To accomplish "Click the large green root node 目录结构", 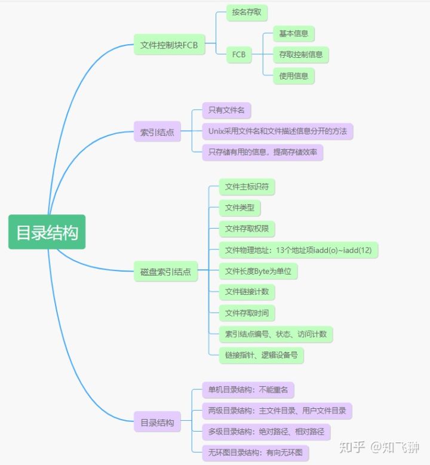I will pyautogui.click(x=47, y=232).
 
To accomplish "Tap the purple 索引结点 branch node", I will pyautogui.click(x=157, y=132).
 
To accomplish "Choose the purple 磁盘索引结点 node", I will pyautogui.click(x=165, y=272).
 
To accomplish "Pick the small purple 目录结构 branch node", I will pyautogui.click(x=157, y=422).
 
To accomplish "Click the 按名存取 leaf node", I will pyautogui.click(x=246, y=12).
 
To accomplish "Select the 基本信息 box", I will pyautogui.click(x=294, y=33).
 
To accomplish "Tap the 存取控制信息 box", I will pyautogui.click(x=300, y=55).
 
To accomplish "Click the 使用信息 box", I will pyautogui.click(x=294, y=76).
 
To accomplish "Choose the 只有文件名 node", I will pyautogui.click(x=226, y=110).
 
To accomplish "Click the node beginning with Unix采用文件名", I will pyautogui.click(x=278, y=131).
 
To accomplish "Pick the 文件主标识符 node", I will pyautogui.click(x=247, y=187).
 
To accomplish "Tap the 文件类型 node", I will pyautogui.click(x=239, y=208).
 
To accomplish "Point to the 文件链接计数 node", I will pyautogui.click(x=247, y=292).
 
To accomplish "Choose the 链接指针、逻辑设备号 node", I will pyautogui.click(x=262, y=355).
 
